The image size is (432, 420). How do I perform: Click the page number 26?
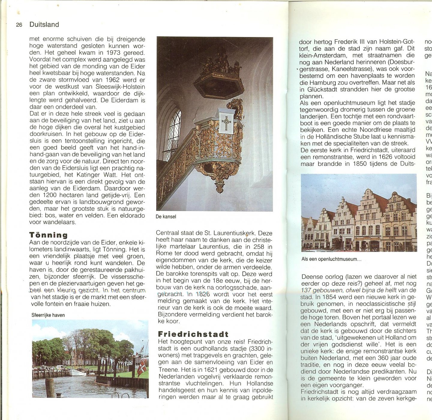[19, 25]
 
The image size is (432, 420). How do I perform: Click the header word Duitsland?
[44, 25]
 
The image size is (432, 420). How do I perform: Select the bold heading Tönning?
[48, 235]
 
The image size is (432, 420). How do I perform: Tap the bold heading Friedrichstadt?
[193, 334]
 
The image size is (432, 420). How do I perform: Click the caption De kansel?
[166, 217]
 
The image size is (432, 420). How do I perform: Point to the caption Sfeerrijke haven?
[48, 315]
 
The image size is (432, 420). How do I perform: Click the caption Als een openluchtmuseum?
[331, 259]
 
